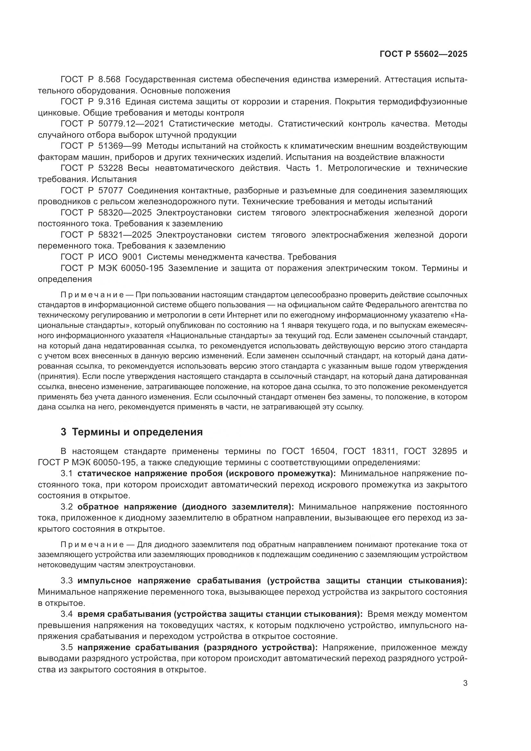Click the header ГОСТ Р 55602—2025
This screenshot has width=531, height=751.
point(423,54)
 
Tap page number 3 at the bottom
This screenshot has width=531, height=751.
point(465,683)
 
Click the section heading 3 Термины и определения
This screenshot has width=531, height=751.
point(132,432)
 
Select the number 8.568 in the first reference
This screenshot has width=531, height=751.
point(109,80)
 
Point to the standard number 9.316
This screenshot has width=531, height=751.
point(109,102)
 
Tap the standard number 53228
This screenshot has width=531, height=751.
point(110,168)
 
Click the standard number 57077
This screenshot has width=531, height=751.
point(110,190)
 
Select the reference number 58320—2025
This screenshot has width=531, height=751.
point(125,213)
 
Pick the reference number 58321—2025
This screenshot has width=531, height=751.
point(125,235)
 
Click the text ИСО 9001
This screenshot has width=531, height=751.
point(120,257)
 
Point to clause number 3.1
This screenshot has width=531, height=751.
point(67,473)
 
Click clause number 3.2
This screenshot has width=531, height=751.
point(67,507)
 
